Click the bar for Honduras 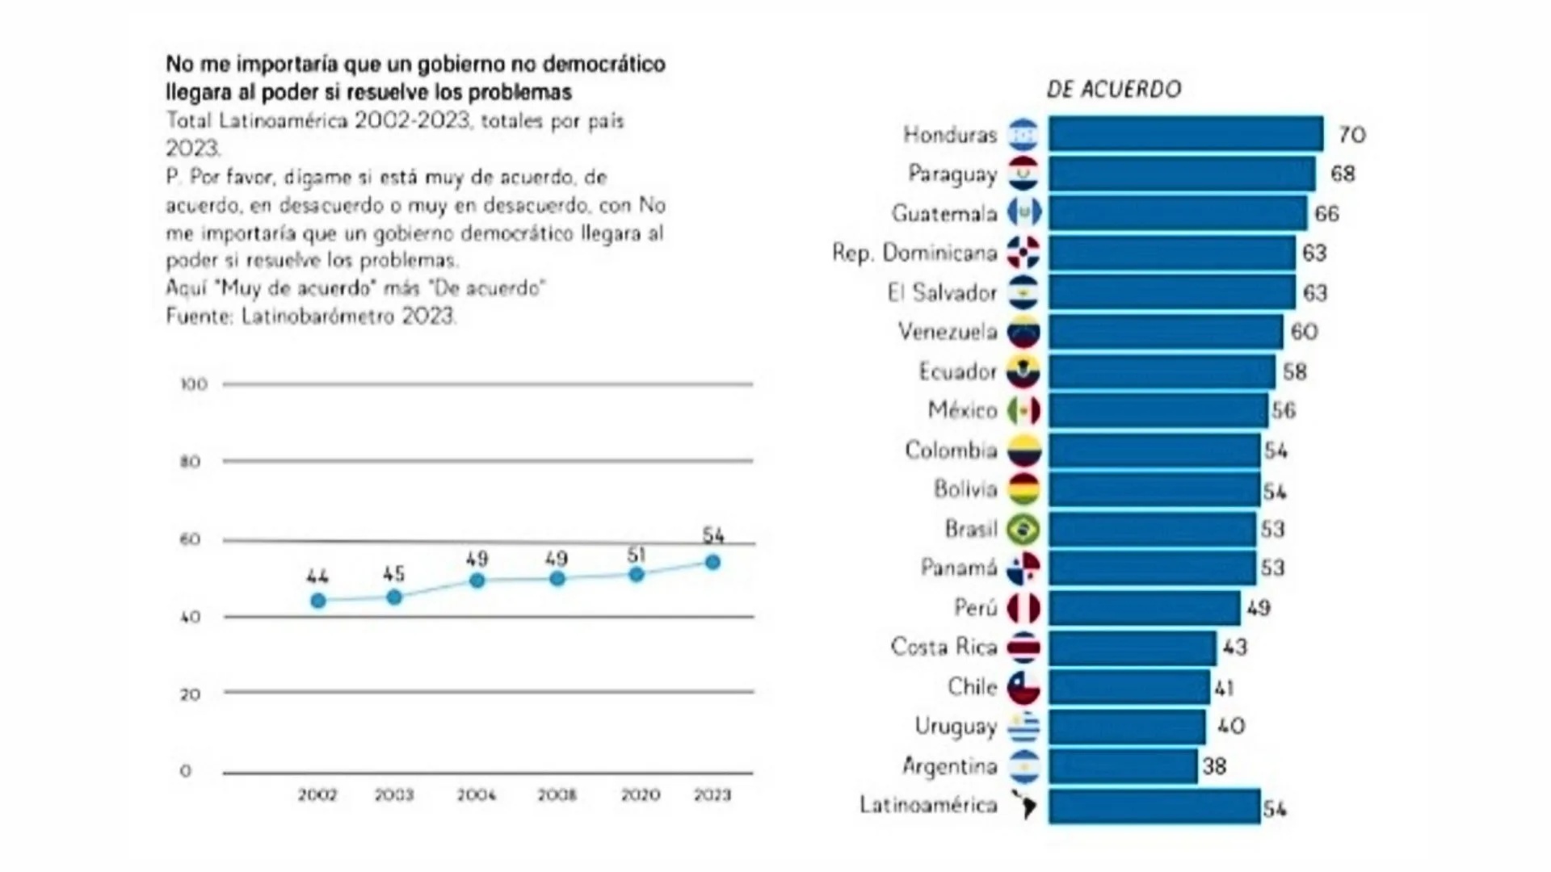coord(1185,134)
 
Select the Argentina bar coord(1123,765)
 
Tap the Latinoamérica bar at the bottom coord(1154,806)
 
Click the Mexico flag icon coord(1023,411)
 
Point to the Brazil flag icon coord(1023,530)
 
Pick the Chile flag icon coord(1023,687)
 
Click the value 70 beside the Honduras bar coord(1351,135)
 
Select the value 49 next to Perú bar coord(1258,607)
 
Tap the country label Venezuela coord(947,332)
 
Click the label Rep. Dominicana coord(914,254)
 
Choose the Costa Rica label coord(944,647)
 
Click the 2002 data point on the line coord(318,601)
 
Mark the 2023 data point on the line coord(712,562)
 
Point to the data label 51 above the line coord(636,555)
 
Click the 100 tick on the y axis coord(193,384)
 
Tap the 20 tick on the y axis coord(190,694)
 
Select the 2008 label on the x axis coord(557,795)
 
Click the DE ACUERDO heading coord(1113,89)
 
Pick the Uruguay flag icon coord(1023,727)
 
